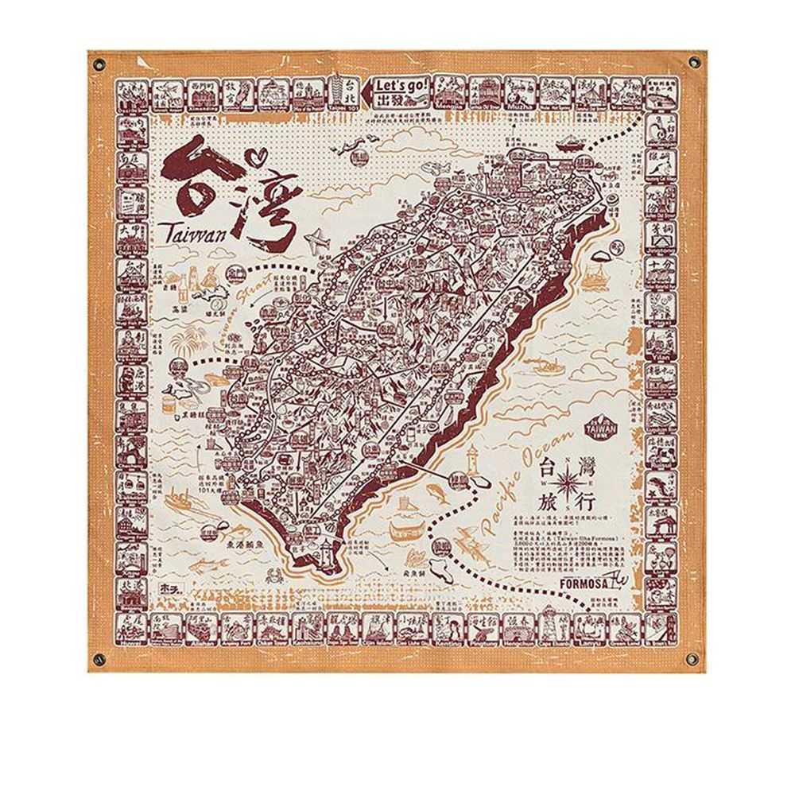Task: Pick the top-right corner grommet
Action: click(x=696, y=62)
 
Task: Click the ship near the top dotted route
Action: click(x=569, y=145)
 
